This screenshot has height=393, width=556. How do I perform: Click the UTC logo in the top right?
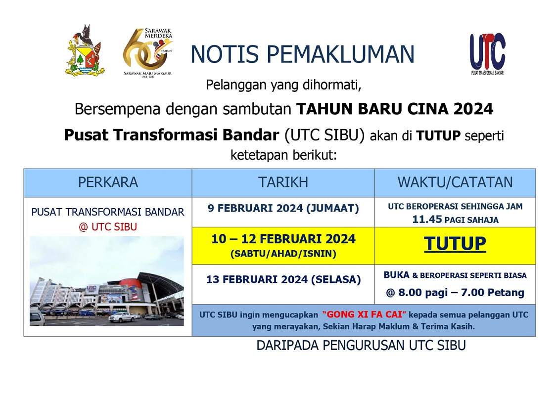[x=488, y=54]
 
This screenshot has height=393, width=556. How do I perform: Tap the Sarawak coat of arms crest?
[x=85, y=50]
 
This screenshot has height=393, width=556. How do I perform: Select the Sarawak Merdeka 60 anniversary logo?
[x=147, y=52]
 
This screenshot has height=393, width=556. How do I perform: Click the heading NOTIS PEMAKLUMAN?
[x=302, y=54]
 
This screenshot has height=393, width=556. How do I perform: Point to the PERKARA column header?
[x=108, y=182]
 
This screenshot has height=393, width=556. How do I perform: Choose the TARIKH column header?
[x=283, y=182]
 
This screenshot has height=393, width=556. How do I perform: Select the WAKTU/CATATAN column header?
[x=455, y=182]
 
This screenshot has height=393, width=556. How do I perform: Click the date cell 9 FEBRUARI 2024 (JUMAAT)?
[x=283, y=208]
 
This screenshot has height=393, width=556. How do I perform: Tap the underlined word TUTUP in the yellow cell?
[x=455, y=243]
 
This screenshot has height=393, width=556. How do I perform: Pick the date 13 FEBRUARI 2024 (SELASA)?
[x=283, y=280]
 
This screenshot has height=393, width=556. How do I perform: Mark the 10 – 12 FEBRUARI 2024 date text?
[x=283, y=239]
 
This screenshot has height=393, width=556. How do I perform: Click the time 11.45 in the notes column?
[x=427, y=219]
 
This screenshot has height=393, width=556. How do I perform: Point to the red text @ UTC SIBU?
[x=108, y=227]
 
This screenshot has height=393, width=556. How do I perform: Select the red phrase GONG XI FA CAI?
[x=364, y=315]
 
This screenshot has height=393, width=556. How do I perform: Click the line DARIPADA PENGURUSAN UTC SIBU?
[x=361, y=345]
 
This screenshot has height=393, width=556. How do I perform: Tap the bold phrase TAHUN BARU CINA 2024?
[x=395, y=109]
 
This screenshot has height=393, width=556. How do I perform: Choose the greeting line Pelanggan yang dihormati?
[x=283, y=86]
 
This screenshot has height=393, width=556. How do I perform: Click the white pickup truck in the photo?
[x=122, y=317]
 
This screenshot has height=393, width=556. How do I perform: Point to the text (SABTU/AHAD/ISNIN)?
[x=283, y=254]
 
